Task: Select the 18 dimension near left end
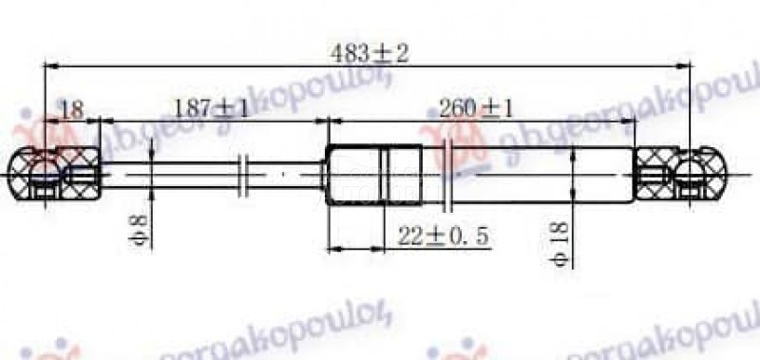coord(71,109)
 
